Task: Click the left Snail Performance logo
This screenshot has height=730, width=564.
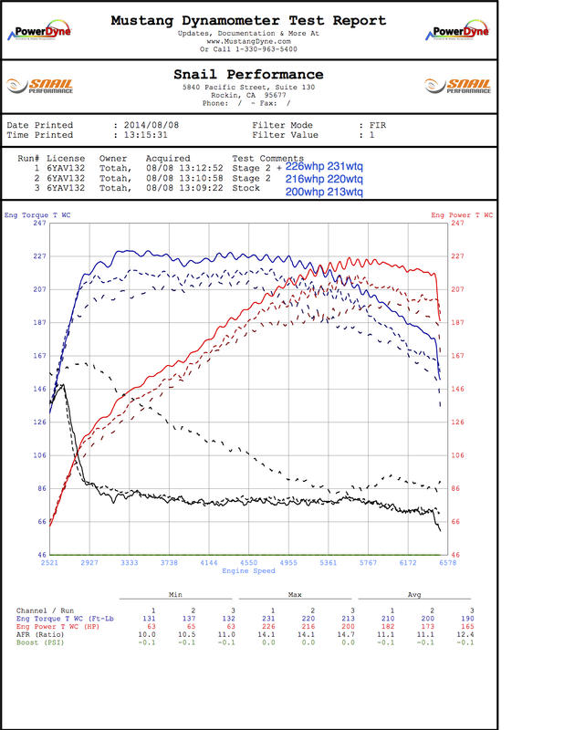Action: pos(40,86)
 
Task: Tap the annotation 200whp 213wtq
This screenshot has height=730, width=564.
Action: pos(324,193)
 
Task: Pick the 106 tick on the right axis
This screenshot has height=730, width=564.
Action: pos(456,455)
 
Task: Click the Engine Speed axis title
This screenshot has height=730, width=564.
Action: pos(248,572)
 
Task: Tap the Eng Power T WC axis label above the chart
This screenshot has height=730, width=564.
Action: pos(462,214)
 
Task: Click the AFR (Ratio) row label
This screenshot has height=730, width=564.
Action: pos(43,634)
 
